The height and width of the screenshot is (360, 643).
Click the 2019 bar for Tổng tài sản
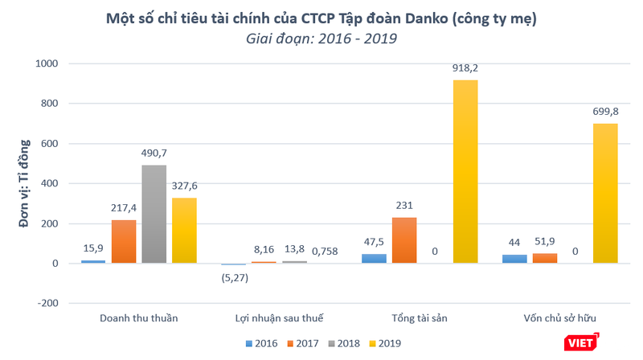pos(465,172)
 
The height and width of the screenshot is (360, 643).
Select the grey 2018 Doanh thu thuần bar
pos(154,215)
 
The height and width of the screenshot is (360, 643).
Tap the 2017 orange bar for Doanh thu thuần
pos(124,242)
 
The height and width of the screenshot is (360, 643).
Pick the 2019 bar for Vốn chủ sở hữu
pos(605,194)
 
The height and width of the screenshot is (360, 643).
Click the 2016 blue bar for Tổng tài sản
pos(374,259)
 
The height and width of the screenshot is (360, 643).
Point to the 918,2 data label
pos(465,69)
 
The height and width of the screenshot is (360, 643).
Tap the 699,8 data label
pos(605,112)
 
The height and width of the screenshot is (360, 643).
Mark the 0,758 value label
pos(326,252)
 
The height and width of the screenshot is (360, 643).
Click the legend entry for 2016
pos(263,343)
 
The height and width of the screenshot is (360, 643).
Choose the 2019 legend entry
pos(384,343)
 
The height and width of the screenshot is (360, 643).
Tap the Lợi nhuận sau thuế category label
pos(279,318)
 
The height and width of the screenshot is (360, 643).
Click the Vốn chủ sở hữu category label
pos(559,318)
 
